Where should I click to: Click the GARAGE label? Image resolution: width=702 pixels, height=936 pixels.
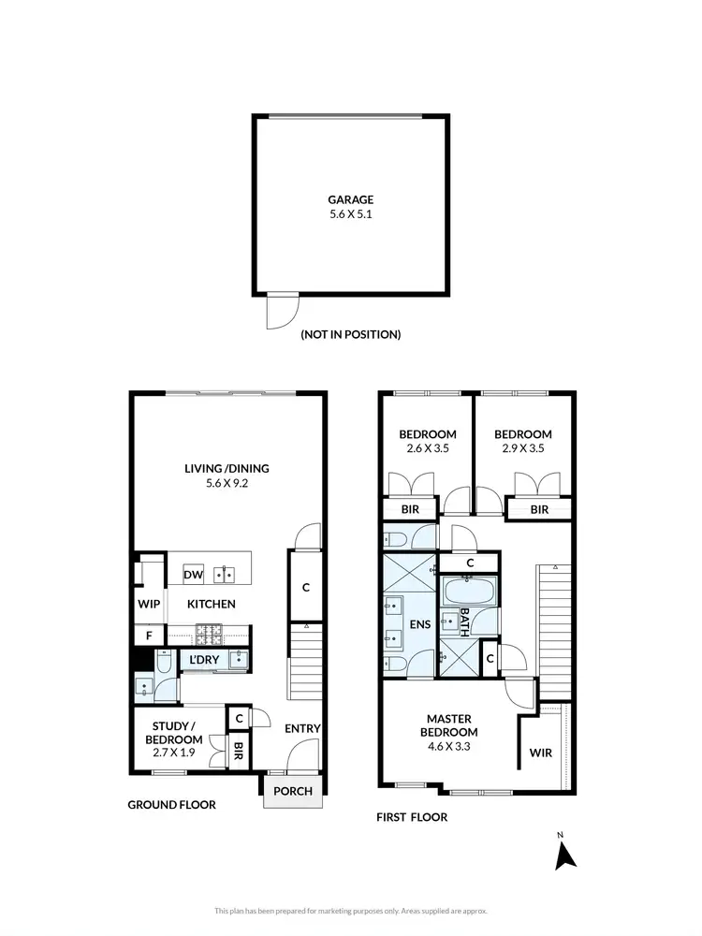tap(350, 199)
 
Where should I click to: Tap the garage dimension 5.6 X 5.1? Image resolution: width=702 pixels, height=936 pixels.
tap(350, 214)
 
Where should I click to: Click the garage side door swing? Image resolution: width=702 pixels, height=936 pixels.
tap(280, 312)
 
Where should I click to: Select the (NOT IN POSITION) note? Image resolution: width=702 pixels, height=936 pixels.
tap(350, 334)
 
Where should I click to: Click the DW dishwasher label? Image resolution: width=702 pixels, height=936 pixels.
tap(193, 575)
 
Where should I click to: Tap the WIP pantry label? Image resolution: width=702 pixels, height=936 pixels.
tap(148, 605)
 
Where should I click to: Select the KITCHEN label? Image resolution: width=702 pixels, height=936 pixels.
tap(212, 605)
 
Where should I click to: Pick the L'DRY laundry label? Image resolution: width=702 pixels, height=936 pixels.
tap(204, 661)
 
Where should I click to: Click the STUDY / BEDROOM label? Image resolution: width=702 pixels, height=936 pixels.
tap(174, 732)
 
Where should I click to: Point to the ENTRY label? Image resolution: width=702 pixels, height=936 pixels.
tap(302, 728)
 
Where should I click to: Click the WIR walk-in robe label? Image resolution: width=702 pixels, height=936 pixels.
tap(540, 752)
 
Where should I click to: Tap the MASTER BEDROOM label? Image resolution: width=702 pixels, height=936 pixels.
tap(452, 725)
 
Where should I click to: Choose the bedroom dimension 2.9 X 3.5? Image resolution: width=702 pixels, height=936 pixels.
tap(522, 448)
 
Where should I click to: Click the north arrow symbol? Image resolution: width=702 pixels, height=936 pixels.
tap(564, 855)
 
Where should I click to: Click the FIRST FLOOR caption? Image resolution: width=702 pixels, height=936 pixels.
tap(412, 817)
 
